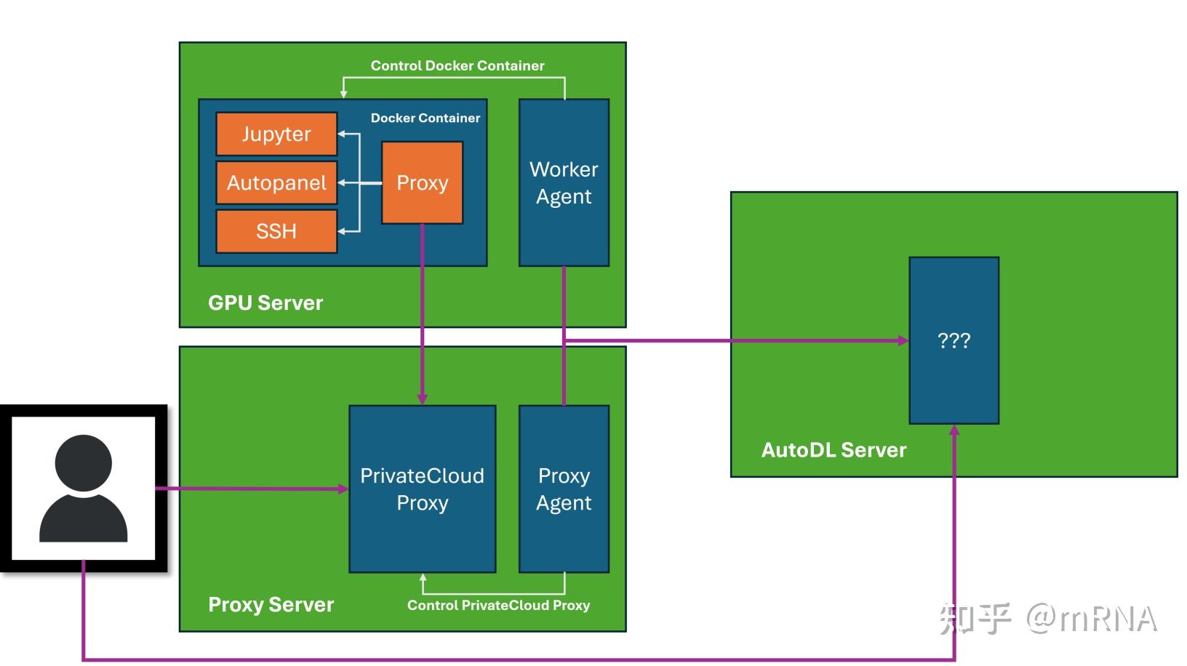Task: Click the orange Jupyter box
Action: point(276,134)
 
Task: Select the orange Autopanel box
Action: point(276,182)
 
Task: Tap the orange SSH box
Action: point(276,231)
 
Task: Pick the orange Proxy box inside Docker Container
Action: point(423,182)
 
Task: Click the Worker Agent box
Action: point(564,182)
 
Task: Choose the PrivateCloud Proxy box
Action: point(423,489)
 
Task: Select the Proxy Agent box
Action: point(564,489)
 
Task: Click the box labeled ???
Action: point(954,340)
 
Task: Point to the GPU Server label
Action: point(265,303)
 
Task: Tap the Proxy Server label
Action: point(271,604)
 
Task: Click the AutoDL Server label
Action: point(834,450)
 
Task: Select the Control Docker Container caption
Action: point(457,65)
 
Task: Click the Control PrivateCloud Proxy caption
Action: point(498,605)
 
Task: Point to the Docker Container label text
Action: point(425,118)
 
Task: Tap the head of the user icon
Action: point(83,463)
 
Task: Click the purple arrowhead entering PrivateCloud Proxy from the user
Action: point(343,489)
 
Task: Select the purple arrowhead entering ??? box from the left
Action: point(903,340)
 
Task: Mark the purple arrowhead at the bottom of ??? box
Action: point(954,430)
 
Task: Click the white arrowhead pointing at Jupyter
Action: point(342,134)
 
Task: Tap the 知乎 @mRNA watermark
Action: point(1047,618)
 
